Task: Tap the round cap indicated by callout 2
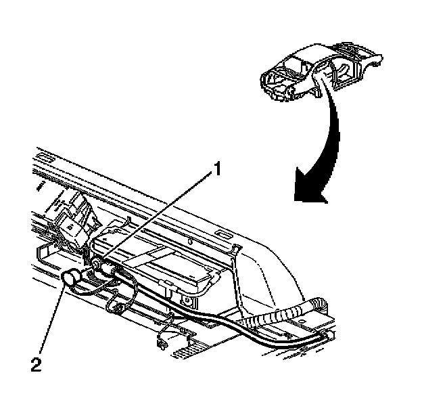coord(72,279)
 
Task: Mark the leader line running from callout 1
coord(159,217)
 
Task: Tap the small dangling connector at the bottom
coord(161,342)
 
